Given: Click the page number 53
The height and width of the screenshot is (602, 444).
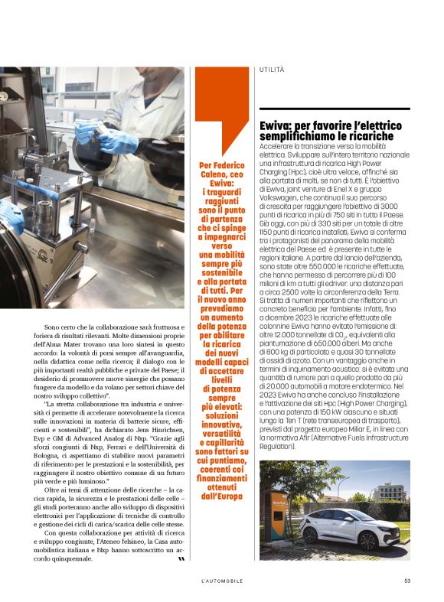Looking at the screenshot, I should pyautogui.click(x=407, y=581).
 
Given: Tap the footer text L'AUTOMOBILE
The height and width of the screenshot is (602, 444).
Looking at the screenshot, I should pyautogui.click(x=217, y=581).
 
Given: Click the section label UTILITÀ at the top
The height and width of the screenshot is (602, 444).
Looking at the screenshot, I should pyautogui.click(x=272, y=70).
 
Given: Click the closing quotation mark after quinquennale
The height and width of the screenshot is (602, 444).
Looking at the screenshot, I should pyautogui.click(x=181, y=558).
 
